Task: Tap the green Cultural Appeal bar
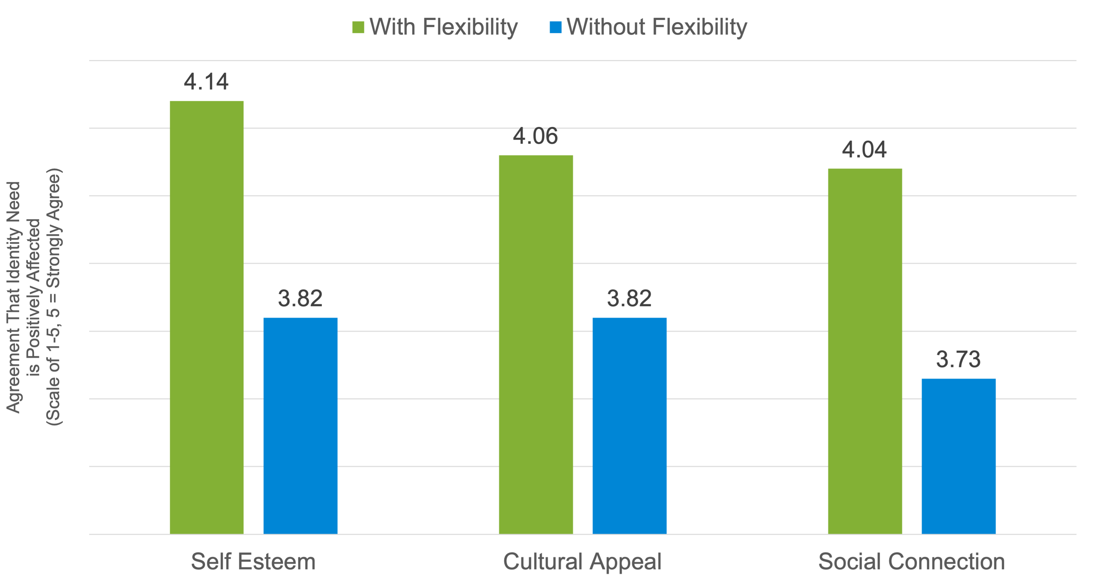tap(536, 344)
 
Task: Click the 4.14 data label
tap(206, 82)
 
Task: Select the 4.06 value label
tap(535, 136)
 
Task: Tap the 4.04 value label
tap(864, 149)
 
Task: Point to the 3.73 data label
tap(958, 359)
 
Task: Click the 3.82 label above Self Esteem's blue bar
tap(300, 298)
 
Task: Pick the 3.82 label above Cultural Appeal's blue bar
tap(629, 298)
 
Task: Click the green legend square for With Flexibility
tap(358, 27)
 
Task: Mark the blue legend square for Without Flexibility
tap(555, 27)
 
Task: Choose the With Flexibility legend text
tap(443, 27)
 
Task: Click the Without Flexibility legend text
tap(657, 27)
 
